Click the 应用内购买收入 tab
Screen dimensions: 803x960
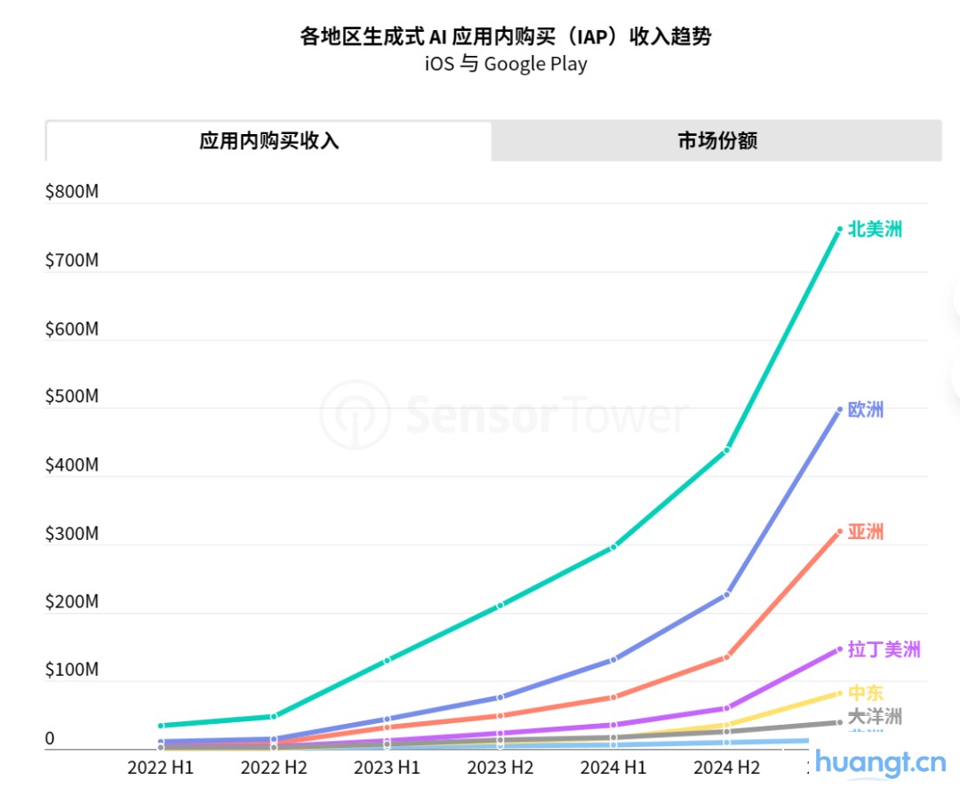(268, 141)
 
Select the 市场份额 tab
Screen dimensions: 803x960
(716, 141)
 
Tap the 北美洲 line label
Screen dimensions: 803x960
(875, 229)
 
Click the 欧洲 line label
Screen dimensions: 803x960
(866, 410)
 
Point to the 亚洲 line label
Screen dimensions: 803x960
(866, 532)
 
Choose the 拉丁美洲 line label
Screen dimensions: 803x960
(884, 649)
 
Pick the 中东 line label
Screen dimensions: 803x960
(866, 693)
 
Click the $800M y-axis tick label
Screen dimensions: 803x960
(72, 192)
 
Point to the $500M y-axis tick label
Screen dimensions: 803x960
(72, 396)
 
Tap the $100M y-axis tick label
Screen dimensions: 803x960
(72, 670)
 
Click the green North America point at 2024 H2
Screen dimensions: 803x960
(727, 449)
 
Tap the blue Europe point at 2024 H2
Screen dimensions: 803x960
(727, 594)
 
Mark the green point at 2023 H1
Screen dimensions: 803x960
(387, 661)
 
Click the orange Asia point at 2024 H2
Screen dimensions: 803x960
(727, 657)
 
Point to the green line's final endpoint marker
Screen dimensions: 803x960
(839, 230)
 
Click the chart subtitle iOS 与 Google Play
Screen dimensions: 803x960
(506, 64)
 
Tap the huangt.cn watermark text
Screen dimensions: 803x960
(880, 761)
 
